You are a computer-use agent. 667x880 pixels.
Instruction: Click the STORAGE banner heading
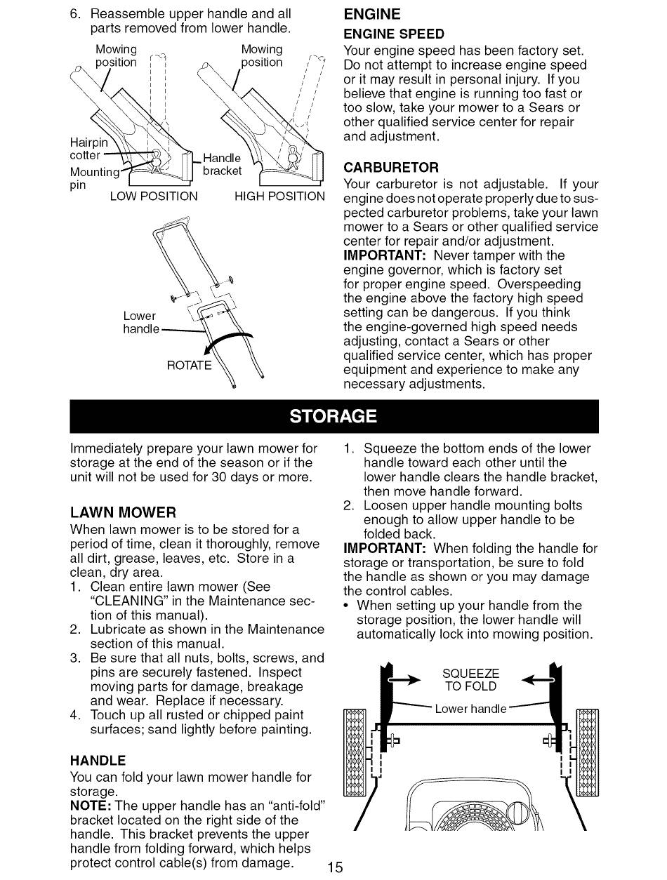[333, 416]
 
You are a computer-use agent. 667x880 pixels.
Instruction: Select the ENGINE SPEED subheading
[393, 34]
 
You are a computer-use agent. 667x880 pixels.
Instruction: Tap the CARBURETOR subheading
[390, 168]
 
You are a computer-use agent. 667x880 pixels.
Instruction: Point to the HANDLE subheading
[98, 760]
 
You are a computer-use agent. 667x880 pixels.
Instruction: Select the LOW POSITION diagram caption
[154, 196]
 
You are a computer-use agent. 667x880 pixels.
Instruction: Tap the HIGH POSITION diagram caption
[279, 196]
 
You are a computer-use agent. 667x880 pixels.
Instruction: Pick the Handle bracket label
[221, 164]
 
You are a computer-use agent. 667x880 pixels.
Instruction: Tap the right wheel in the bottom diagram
[587, 752]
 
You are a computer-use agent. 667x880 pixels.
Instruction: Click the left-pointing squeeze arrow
[538, 679]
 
